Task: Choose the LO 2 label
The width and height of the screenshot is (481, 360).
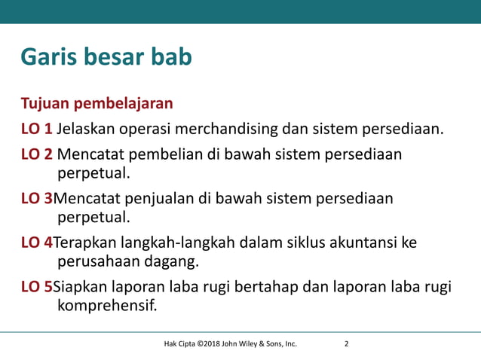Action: [x=36, y=154]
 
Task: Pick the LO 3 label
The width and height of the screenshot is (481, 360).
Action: [x=36, y=199]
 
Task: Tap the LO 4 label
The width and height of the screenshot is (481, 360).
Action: [x=36, y=243]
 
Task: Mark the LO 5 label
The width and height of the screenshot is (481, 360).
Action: [x=36, y=287]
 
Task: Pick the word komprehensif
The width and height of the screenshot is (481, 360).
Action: [x=108, y=306]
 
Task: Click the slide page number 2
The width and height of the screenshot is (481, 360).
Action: [x=346, y=345]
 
